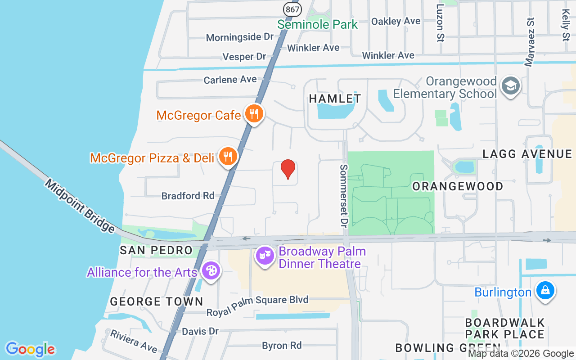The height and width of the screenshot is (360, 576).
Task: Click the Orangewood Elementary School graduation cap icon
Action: click(510, 85)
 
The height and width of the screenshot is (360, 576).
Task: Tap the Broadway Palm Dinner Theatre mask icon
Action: click(265, 256)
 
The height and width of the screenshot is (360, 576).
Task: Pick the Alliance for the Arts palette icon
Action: click(210, 270)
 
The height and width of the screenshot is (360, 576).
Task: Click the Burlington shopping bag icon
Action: click(545, 290)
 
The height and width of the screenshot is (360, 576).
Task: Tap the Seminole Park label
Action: click(317, 24)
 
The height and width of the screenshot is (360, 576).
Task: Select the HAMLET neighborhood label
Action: click(335, 99)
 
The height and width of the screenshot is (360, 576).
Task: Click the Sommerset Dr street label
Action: click(344, 195)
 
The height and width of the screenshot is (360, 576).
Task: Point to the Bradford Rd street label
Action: click(188, 196)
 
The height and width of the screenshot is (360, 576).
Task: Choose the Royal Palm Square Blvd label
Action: click(257, 300)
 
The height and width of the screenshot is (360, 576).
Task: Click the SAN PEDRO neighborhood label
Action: click(156, 250)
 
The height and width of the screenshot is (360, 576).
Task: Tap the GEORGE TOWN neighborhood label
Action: click(157, 301)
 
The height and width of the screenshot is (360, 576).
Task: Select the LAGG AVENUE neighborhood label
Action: click(527, 154)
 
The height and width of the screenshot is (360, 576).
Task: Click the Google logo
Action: click(31, 349)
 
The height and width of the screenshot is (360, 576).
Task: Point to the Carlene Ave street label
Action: click(230, 80)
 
